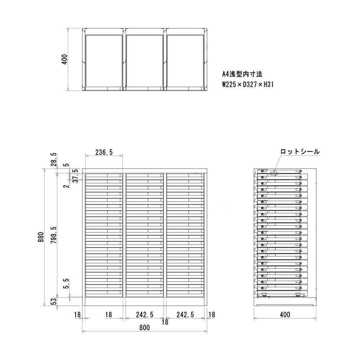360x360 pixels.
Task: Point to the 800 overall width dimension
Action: pos(144,328)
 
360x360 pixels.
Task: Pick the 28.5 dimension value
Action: pos(54,159)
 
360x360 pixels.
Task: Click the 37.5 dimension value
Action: pos(75,176)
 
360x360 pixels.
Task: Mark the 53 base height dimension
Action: pos(54,301)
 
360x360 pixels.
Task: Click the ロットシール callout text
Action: pos(300,152)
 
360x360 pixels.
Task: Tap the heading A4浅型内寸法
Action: pos(242,75)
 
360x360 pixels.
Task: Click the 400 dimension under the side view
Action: pos(285,315)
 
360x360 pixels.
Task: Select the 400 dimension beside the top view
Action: pos(64,59)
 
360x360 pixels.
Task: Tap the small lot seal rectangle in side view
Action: pos(274,174)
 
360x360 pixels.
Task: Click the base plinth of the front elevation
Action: pos(144,302)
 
